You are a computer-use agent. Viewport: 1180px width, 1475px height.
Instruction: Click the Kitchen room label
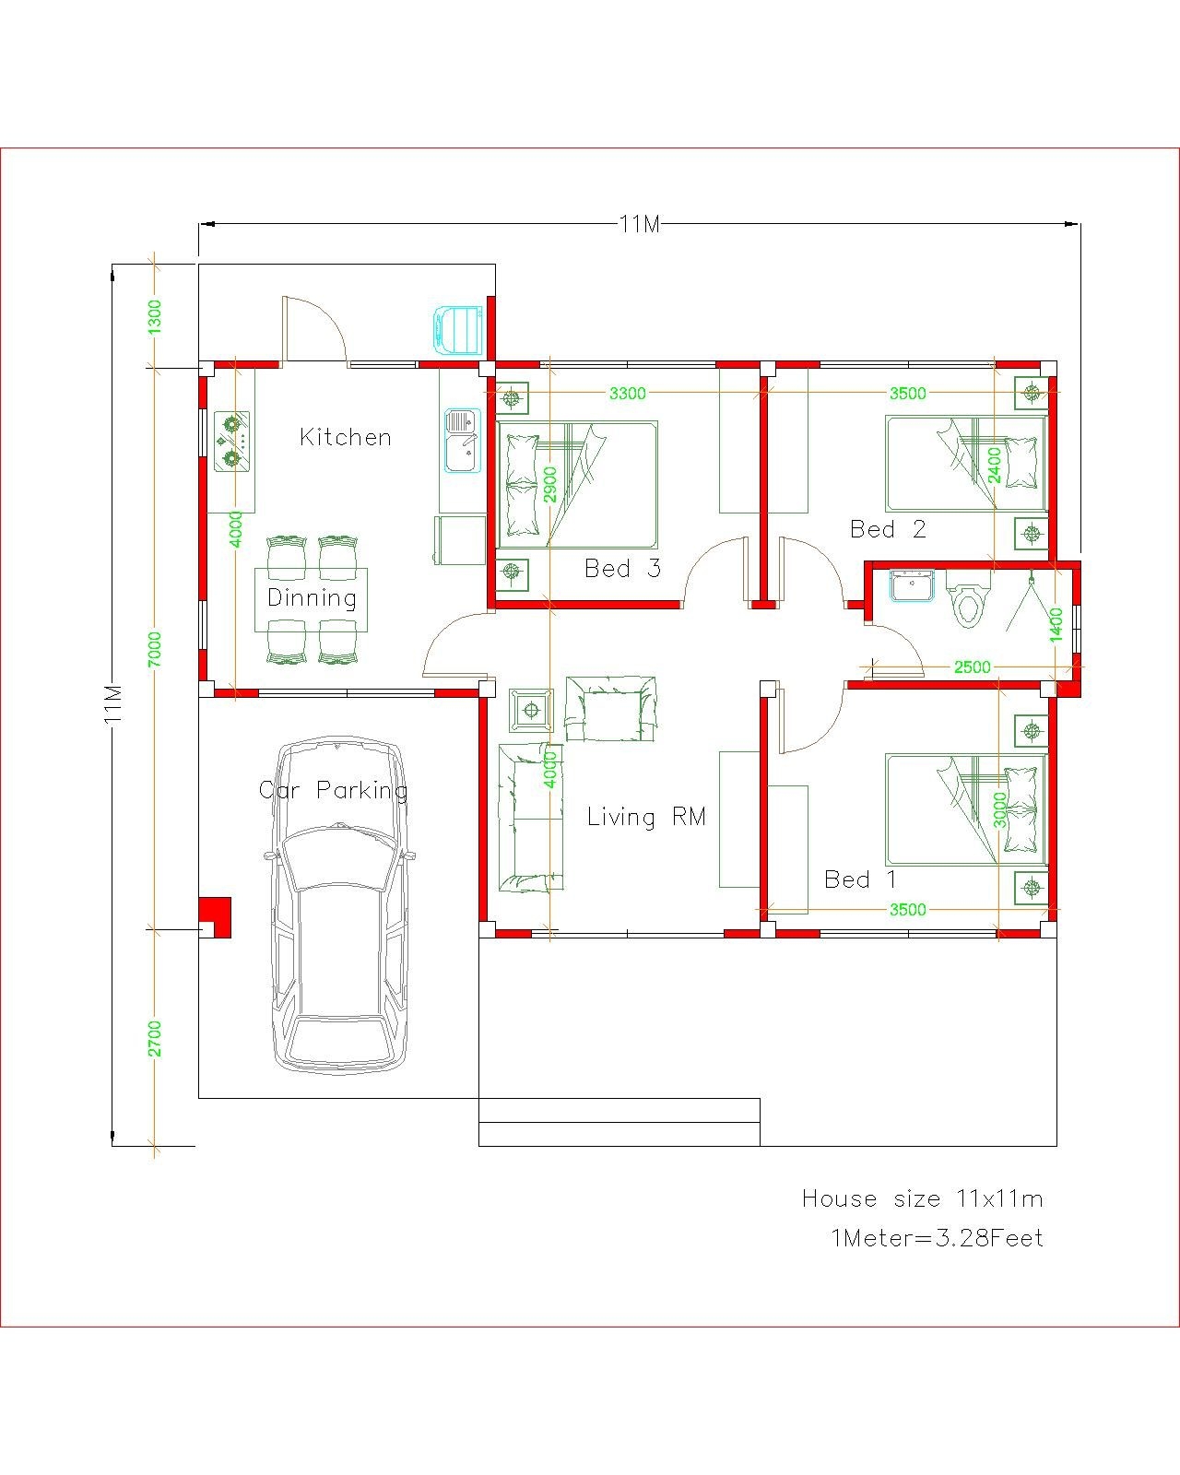coord(346,437)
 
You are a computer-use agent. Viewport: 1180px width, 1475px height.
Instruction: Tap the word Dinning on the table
coord(312,597)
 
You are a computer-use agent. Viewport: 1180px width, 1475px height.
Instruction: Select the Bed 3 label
coord(622,569)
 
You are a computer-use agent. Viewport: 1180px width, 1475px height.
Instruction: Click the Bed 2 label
coord(888,529)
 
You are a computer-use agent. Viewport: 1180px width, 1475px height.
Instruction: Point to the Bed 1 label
coord(860,879)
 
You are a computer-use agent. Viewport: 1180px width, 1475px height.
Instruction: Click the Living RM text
coord(646,817)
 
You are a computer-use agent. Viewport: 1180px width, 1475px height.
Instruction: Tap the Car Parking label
coord(333,790)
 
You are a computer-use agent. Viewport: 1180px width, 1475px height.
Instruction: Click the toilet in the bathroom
coord(966,603)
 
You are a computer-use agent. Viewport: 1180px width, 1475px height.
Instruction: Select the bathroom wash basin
coord(913,586)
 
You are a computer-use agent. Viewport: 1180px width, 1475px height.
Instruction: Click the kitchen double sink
coord(464,441)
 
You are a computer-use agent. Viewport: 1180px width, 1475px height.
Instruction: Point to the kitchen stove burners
coord(231,441)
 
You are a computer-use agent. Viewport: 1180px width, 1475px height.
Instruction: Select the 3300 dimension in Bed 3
coord(628,394)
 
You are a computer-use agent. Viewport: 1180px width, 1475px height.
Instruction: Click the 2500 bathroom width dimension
coord(972,667)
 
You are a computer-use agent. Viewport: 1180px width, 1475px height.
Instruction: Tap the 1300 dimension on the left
coord(155,316)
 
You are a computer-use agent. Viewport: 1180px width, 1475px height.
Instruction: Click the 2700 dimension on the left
coord(155,1038)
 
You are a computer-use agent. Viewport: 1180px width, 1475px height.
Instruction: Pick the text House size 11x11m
coord(922,1198)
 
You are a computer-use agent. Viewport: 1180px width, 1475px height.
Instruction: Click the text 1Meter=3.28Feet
coord(938,1238)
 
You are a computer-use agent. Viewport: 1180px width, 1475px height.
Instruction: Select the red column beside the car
coord(216,917)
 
